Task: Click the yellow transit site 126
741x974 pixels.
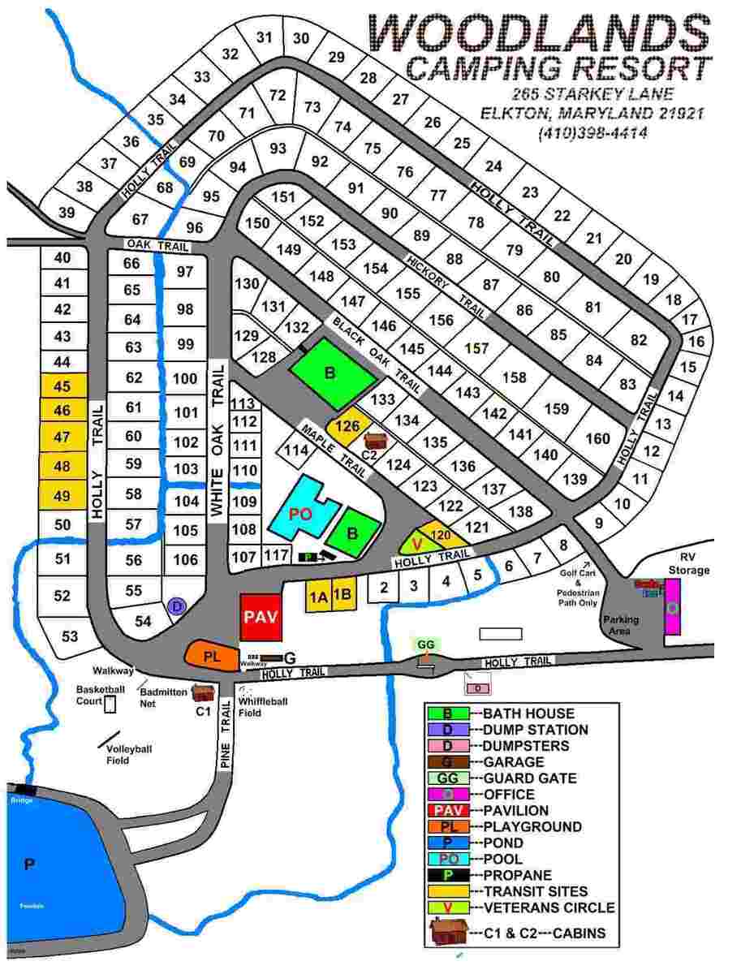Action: (348, 426)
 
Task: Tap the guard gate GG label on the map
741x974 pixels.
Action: (426, 644)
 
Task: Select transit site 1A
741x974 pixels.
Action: (317, 597)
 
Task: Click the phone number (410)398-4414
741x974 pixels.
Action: (592, 131)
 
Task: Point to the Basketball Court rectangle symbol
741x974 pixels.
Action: (110, 704)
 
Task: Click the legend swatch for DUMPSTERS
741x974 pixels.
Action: (448, 746)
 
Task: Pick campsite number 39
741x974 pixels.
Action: (67, 213)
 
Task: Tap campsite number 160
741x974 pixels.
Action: (597, 438)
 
